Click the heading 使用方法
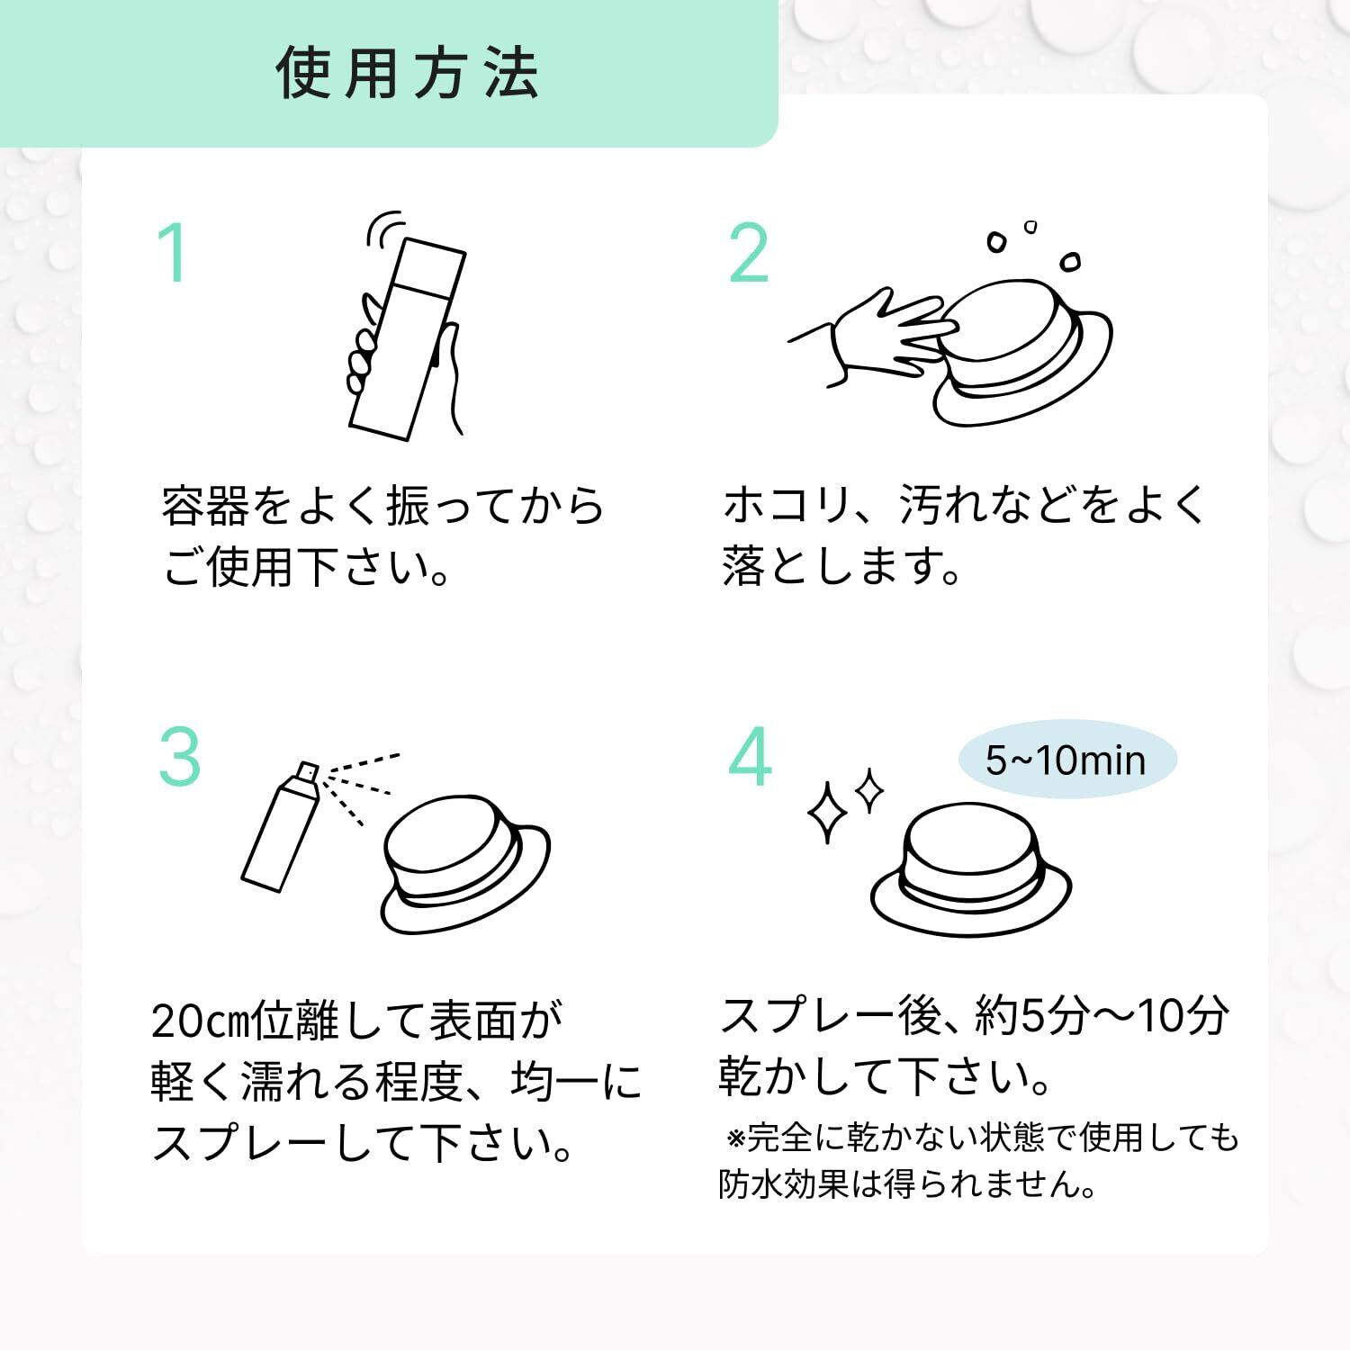click(408, 72)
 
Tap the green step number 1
click(175, 253)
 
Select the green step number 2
click(748, 253)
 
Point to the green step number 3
click(180, 757)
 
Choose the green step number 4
click(750, 757)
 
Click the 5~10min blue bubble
click(1066, 760)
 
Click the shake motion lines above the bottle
click(384, 227)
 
